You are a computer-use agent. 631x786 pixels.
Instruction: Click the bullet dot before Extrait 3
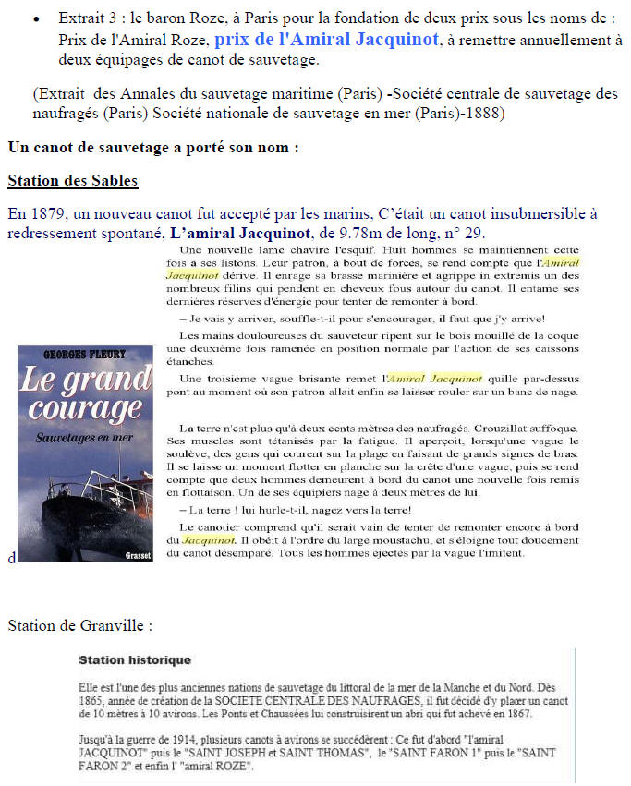(x=35, y=19)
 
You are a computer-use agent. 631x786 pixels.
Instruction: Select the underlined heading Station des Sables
(x=72, y=179)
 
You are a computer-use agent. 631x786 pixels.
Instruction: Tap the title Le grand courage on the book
(x=84, y=393)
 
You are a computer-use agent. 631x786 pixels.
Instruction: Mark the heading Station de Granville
(x=79, y=626)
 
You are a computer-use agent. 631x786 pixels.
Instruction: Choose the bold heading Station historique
(x=135, y=660)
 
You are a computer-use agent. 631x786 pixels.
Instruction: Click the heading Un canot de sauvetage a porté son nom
(x=153, y=147)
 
